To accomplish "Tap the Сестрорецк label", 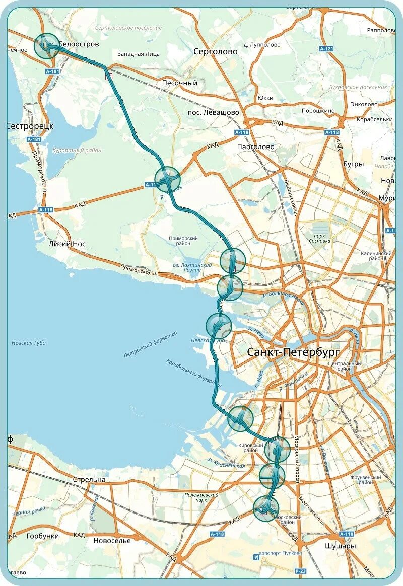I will pos(30,126).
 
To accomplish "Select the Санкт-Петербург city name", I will pos(293,352).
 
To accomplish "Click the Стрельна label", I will pos(89,479).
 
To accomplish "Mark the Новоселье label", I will pos(112,541).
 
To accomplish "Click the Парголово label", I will pos(256,146).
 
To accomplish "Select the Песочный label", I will pos(180,83).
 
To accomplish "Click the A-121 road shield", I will pos(326,49).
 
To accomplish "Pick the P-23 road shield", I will pos(300,571).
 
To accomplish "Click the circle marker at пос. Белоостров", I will pos(47,46).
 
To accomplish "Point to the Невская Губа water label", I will pos(29,343).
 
